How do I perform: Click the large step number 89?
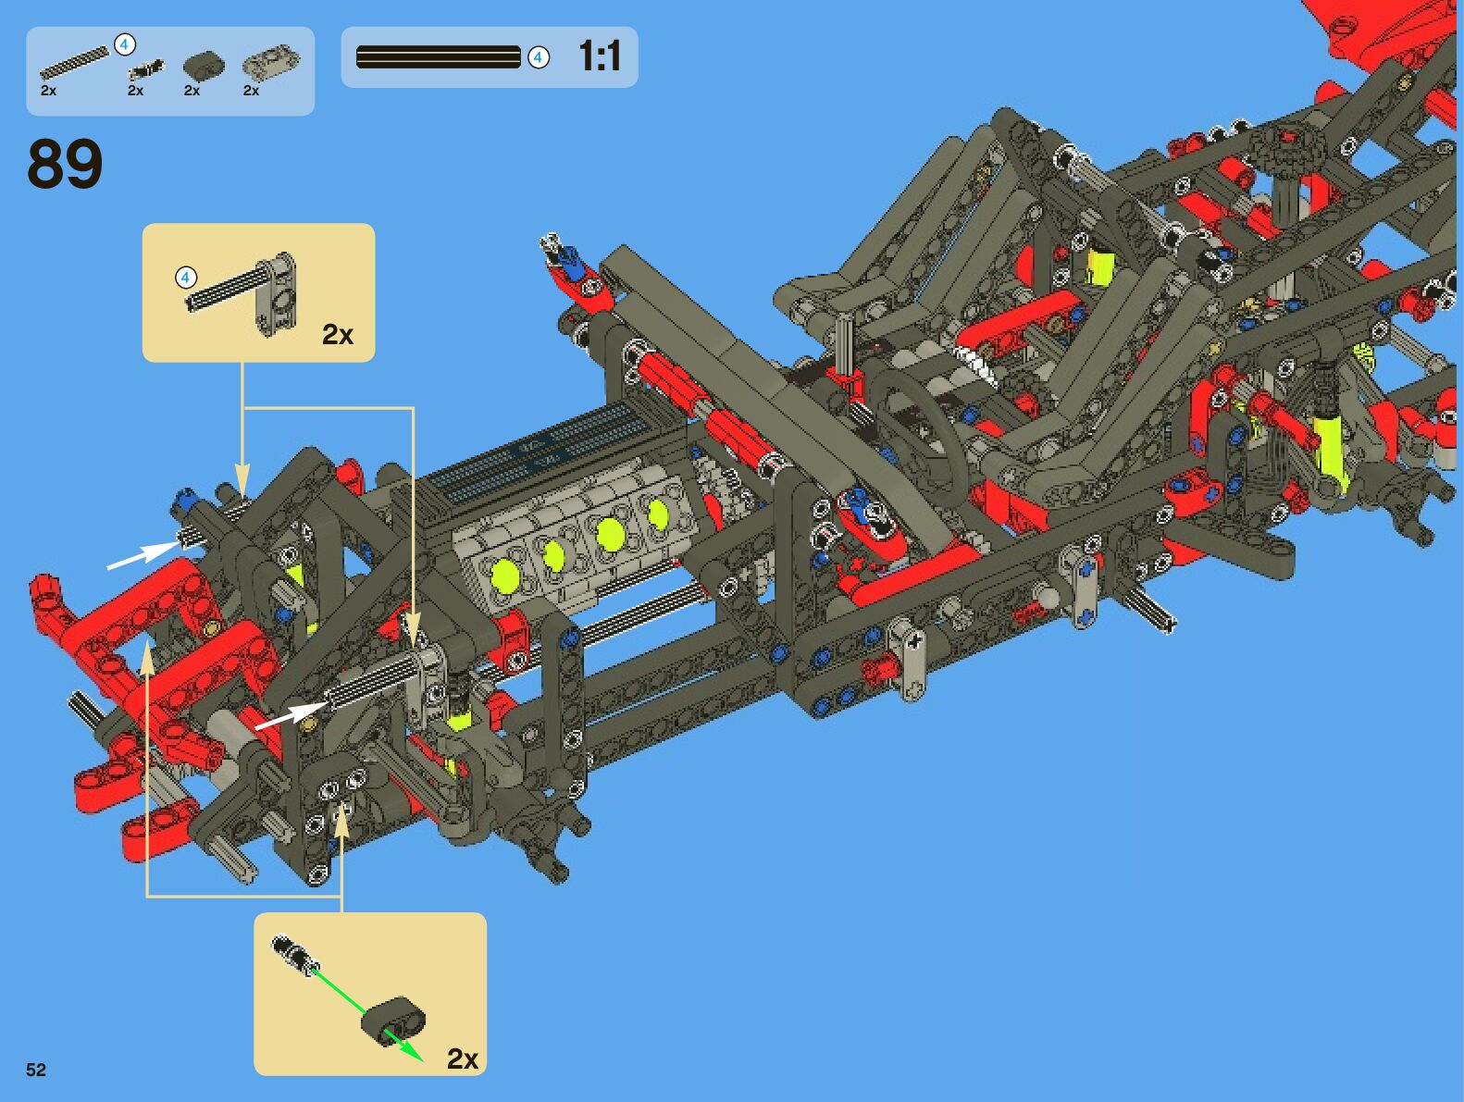(65, 164)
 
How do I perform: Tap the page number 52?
(36, 1070)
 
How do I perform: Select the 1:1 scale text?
(600, 56)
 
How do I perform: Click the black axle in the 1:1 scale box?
(438, 57)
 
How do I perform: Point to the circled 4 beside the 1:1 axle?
(539, 57)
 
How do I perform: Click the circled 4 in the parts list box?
(124, 44)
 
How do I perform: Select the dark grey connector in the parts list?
(204, 65)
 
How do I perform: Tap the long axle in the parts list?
(74, 63)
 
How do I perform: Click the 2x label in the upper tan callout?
(338, 334)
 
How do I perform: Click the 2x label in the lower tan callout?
(463, 1058)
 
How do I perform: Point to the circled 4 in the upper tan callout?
(186, 277)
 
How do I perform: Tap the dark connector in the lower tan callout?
(394, 1021)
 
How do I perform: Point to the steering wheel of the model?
(916, 435)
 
